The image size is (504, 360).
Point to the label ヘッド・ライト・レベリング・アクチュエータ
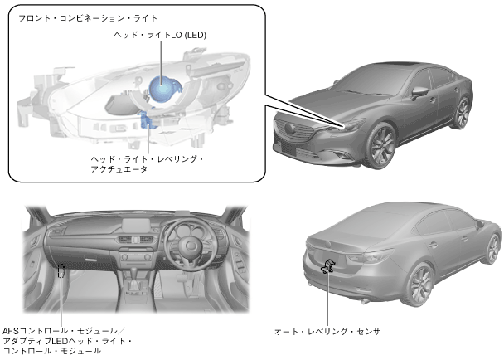coord(145,163)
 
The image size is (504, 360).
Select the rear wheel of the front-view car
coord(463,114)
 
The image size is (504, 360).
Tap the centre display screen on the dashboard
coord(138,225)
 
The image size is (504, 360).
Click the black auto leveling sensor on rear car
coord(329,267)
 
